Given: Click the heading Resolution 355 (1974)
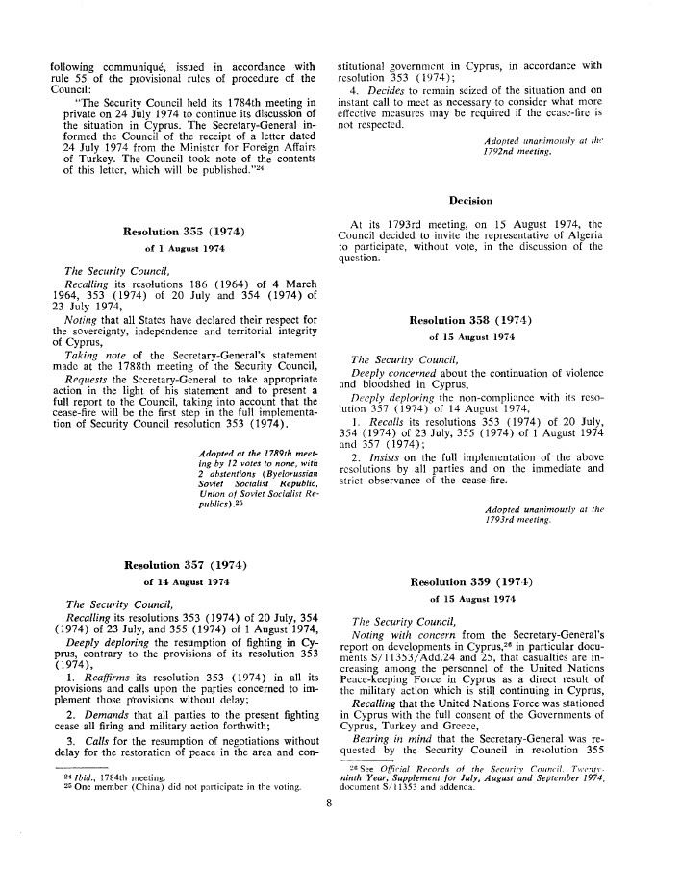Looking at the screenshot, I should click(x=184, y=231).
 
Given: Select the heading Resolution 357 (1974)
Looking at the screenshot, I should click(x=183, y=564).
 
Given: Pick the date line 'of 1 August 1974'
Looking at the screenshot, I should click(x=183, y=248).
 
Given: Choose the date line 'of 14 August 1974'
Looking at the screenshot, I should click(x=183, y=581).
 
